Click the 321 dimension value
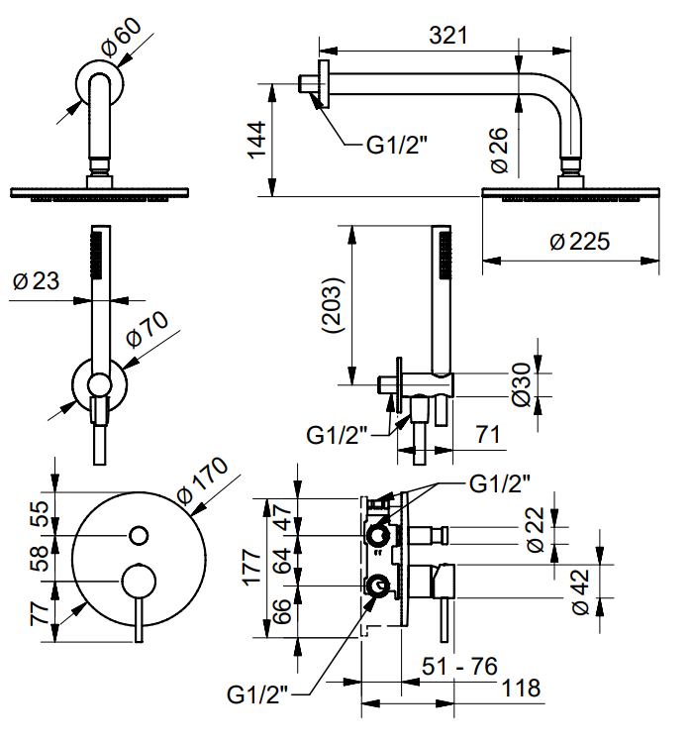pyautogui.click(x=447, y=36)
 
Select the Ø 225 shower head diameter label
pyautogui.click(x=579, y=242)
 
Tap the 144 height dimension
pyautogui.click(x=257, y=140)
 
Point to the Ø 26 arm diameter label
pyautogui.click(x=499, y=151)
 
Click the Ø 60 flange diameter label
pyautogui.click(x=122, y=38)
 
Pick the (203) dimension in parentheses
pyautogui.click(x=332, y=305)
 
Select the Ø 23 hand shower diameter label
pyautogui.click(x=36, y=280)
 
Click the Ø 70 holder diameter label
pyautogui.click(x=148, y=329)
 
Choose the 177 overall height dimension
pyautogui.click(x=251, y=567)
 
